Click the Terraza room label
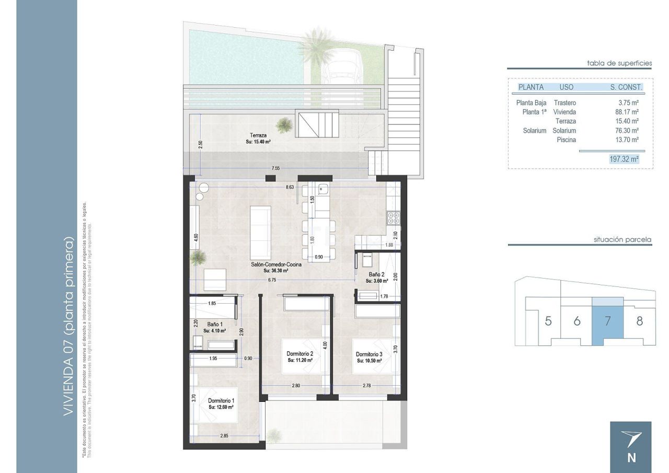tap(258, 135)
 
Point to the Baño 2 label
tap(376, 274)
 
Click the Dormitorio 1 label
tap(221, 400)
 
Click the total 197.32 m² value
tap(624, 159)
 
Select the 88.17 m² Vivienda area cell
tap(627, 112)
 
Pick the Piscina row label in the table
tap(566, 140)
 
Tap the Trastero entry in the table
tap(564, 103)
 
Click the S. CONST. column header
tap(626, 87)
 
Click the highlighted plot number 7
tap(607, 321)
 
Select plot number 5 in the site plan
tap(548, 321)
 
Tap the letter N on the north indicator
tap(631, 458)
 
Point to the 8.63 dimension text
tap(291, 187)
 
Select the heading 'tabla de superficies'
tap(619, 63)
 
